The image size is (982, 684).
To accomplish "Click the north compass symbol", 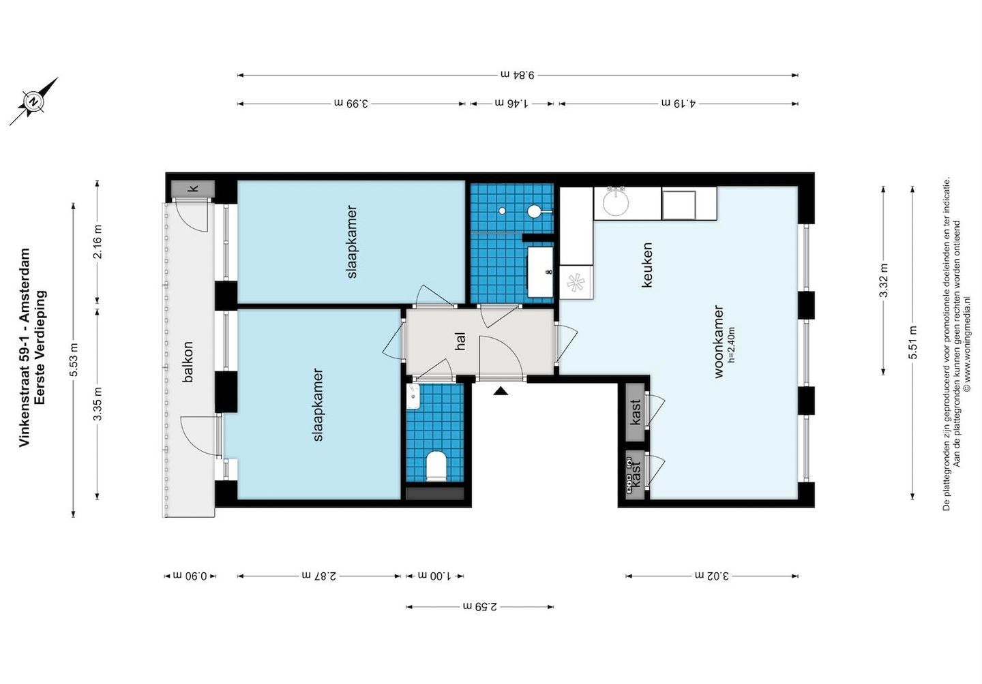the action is (33, 102).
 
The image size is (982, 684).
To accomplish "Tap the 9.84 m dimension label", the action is (518, 74).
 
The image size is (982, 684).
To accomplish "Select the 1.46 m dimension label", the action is (511, 104).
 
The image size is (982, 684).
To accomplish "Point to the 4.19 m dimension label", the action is (679, 104).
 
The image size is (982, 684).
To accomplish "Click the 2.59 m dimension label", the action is (480, 606).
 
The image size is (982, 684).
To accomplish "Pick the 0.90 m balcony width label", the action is (190, 576).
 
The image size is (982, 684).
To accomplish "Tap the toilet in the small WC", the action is (436, 466).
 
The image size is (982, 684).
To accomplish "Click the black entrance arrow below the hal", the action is (501, 390).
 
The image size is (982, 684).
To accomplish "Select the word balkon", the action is (188, 362).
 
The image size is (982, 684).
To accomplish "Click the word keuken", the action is (646, 265).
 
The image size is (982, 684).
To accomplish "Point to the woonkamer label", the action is (719, 341).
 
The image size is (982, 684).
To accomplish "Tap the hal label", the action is (460, 341).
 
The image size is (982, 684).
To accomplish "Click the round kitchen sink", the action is (616, 202).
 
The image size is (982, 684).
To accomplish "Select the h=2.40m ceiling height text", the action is (731, 345).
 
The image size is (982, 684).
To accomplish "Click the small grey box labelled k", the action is (192, 188).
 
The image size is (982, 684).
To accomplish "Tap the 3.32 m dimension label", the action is (883, 281).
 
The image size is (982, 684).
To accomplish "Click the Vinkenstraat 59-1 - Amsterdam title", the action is (25, 347).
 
